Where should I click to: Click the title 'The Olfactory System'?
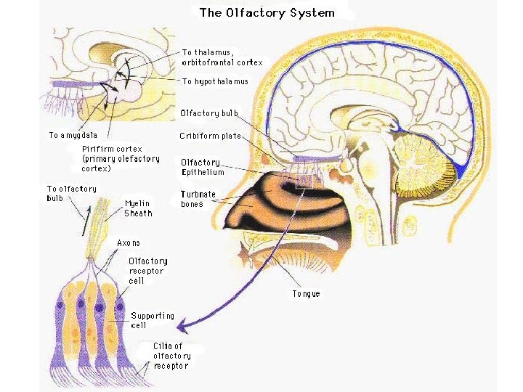267,12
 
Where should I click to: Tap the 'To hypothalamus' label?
215,81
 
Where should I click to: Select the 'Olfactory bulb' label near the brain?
209,114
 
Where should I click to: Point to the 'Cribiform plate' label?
211,136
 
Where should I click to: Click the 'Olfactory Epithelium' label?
203,167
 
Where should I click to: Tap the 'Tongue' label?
306,294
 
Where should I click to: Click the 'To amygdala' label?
73,135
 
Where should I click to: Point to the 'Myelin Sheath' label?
138,208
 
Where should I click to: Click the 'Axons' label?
129,242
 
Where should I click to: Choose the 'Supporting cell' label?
152,321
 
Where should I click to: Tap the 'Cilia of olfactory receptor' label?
172,356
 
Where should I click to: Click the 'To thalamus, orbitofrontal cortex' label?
222,57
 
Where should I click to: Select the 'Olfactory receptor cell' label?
147,271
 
